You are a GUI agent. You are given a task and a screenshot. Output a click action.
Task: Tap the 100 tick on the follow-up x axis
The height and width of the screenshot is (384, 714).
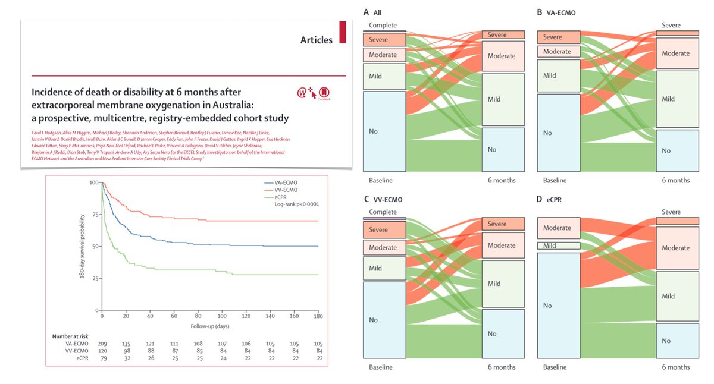pyautogui.click(x=221, y=317)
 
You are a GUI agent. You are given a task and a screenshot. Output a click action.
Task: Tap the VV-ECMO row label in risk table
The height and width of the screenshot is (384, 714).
pyautogui.click(x=76, y=351)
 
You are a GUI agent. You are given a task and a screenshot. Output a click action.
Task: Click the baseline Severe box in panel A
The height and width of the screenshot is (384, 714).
pyautogui.click(x=384, y=40)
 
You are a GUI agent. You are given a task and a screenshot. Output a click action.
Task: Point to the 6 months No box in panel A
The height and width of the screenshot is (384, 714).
pyautogui.click(x=503, y=149)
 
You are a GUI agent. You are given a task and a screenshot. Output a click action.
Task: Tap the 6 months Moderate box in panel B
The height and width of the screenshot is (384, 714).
pyautogui.click(x=678, y=53)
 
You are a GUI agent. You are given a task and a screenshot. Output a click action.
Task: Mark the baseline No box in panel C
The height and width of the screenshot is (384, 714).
pyautogui.click(x=384, y=320)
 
